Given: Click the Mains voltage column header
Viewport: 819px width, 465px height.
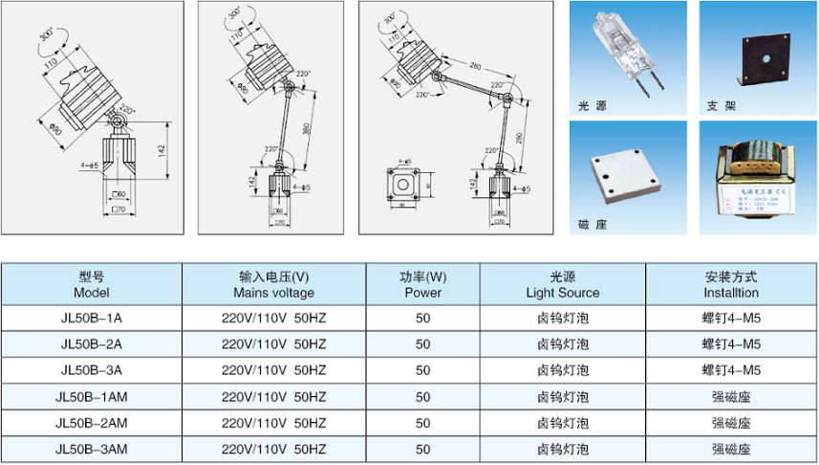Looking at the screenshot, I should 274,284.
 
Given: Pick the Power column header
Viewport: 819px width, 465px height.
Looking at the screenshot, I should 423,284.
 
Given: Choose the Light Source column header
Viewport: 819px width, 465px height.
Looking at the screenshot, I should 562,284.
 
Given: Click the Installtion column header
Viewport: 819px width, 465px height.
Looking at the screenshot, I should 731,284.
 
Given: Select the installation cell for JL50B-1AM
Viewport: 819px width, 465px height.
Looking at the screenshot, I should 731,396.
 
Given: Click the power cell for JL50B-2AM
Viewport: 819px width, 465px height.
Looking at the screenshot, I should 423,422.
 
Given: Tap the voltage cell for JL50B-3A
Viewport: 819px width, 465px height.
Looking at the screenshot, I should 274,369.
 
